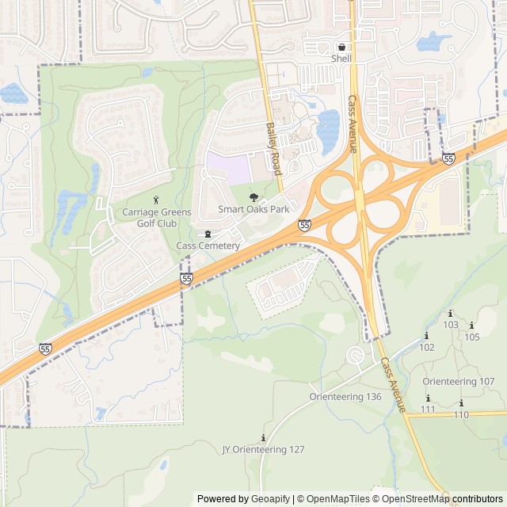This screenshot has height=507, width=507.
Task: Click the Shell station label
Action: (341, 58)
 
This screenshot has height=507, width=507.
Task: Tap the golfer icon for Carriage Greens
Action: (155, 198)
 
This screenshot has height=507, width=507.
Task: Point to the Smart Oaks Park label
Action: (253, 210)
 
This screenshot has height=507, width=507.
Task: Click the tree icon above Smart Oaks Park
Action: (253, 197)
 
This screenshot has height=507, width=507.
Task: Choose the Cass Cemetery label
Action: (208, 246)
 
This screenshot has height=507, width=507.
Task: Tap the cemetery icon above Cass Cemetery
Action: (208, 234)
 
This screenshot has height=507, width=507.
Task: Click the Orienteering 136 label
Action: (345, 396)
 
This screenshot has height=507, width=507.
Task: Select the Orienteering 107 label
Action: (459, 381)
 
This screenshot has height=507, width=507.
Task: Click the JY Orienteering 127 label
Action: (263, 449)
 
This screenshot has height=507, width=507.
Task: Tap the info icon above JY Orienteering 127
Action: (263, 438)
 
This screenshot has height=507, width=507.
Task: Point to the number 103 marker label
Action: (451, 325)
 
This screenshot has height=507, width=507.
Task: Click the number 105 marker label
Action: (472, 337)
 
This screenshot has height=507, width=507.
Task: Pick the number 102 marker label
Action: (427, 347)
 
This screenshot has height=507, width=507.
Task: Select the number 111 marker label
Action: (429, 410)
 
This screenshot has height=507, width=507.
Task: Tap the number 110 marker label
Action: (462, 414)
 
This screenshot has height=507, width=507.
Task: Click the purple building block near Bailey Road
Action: (228, 168)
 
